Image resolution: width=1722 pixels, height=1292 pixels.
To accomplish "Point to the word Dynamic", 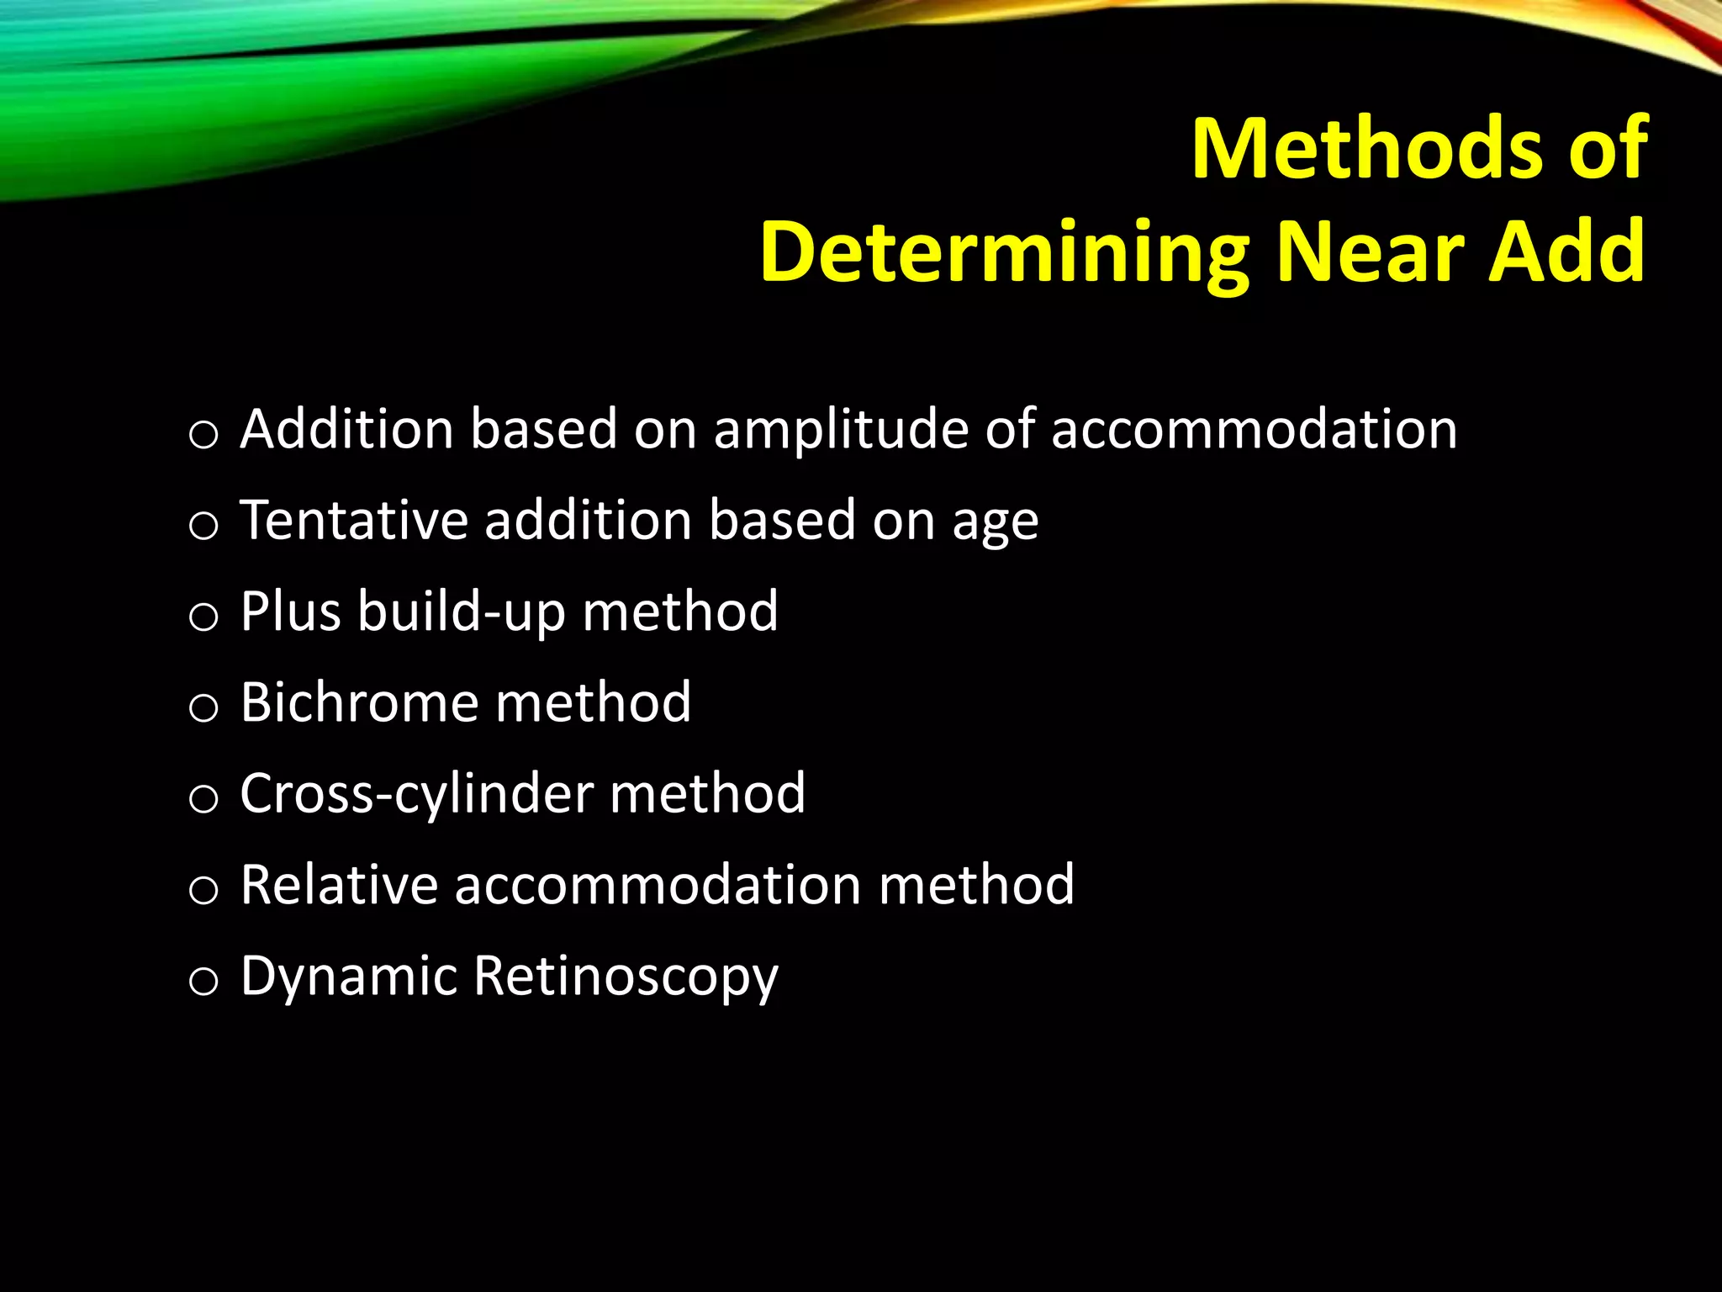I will [x=349, y=977].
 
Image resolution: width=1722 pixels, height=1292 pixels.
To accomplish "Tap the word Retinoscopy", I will [x=626, y=977].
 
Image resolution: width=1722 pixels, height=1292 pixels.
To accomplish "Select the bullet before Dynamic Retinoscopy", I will [x=203, y=982].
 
